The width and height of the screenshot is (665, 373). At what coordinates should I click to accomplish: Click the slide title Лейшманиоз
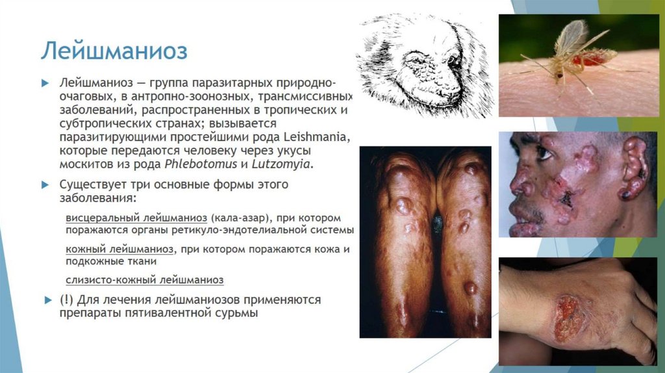tap(114, 49)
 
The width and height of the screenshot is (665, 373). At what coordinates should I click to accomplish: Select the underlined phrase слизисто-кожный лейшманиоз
tap(144, 280)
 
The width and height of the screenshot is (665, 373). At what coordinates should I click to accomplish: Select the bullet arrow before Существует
tap(45, 185)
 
